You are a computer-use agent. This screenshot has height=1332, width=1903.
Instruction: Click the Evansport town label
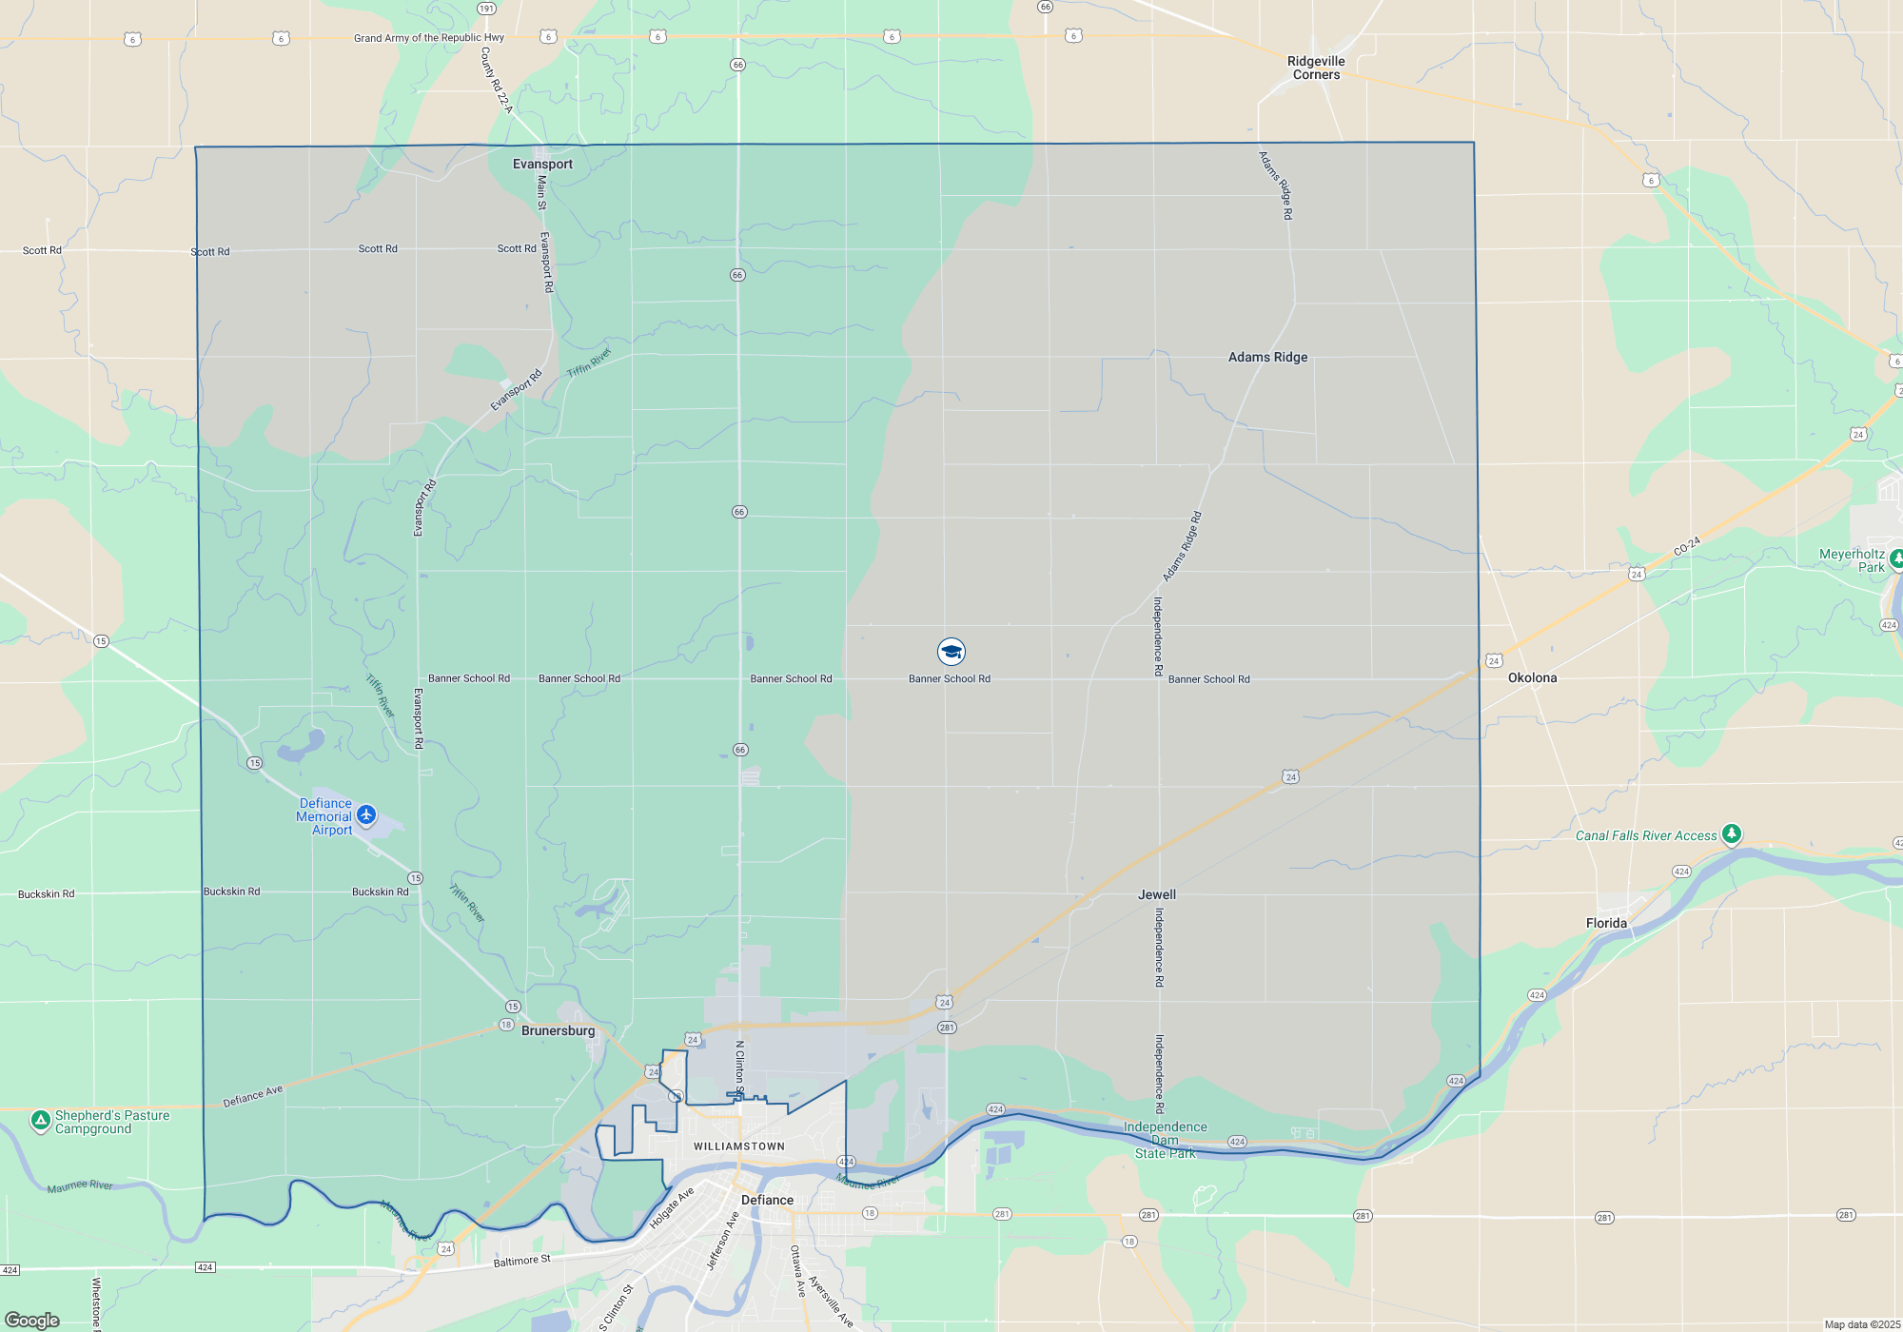coord(542,164)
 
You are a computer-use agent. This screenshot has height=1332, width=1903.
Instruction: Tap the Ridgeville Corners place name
coord(1316,68)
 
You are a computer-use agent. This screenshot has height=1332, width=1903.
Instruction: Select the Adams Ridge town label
coord(1267,357)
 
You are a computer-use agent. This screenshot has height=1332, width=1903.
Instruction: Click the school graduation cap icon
coord(951,652)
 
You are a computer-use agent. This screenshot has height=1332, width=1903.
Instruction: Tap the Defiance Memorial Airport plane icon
coord(366,815)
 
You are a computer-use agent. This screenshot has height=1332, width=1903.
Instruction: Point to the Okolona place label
coord(1532,677)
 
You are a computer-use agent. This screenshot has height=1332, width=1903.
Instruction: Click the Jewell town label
coord(1156,894)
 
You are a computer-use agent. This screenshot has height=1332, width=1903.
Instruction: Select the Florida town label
coord(1606,923)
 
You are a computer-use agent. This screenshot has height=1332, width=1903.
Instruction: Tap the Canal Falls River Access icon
coord(1732,834)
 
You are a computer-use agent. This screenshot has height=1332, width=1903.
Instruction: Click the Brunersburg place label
coord(558,1030)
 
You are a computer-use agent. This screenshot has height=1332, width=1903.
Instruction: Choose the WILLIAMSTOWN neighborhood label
coord(739,1146)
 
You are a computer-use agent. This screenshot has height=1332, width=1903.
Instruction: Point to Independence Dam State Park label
coord(1165,1140)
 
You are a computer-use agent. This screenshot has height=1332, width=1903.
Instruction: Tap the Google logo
coord(32,1321)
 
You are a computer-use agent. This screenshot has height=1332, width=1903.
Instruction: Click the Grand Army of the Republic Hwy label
coord(429,38)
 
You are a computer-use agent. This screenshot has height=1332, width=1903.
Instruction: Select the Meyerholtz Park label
coord(1852,560)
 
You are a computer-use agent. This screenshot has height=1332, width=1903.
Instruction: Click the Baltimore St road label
coord(521,1262)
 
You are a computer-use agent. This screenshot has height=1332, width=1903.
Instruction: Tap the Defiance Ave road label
coord(252,1097)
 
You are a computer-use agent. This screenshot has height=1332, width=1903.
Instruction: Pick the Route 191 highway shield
coord(486,9)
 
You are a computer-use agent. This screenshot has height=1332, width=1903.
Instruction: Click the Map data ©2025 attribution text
coord(1862,1324)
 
